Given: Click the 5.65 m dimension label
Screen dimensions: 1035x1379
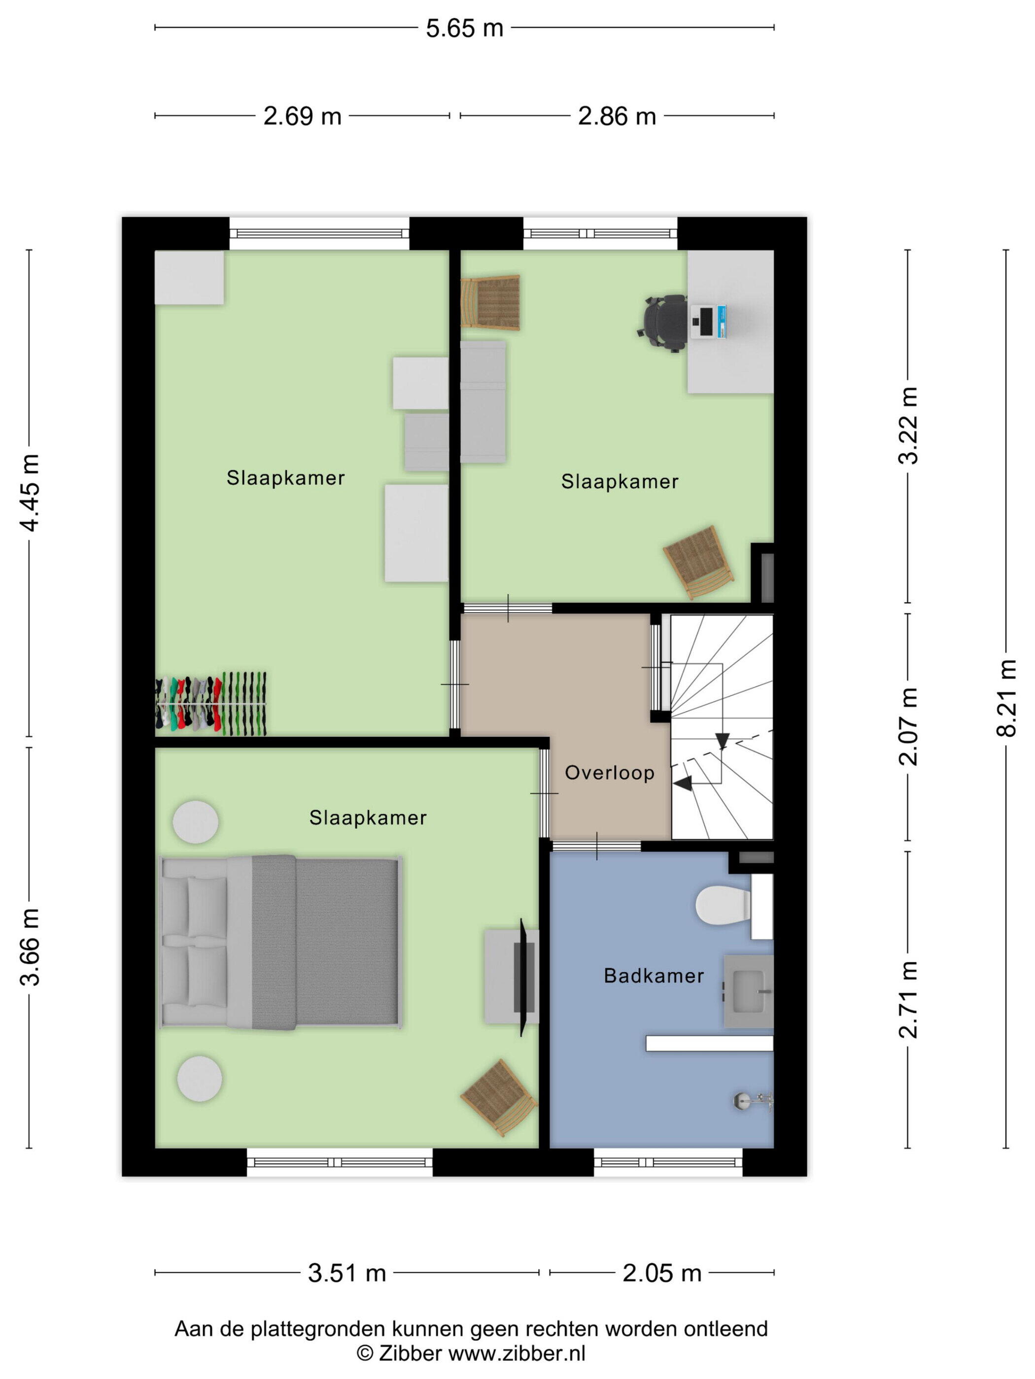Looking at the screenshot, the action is tap(464, 29).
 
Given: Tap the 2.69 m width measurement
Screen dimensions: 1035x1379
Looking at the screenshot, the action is tap(302, 117).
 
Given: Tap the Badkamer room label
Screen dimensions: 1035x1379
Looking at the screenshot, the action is tap(654, 976).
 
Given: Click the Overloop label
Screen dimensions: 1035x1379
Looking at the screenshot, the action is tap(610, 773).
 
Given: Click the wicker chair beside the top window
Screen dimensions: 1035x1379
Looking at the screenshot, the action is tap(490, 302).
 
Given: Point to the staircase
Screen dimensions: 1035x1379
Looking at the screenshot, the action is tap(722, 727).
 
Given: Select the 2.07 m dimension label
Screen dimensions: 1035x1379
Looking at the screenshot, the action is tap(908, 726).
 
